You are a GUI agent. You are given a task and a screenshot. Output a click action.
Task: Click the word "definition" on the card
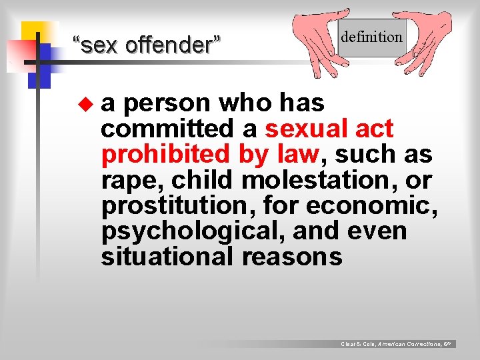371,37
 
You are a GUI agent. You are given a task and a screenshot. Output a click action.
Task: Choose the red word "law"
299,154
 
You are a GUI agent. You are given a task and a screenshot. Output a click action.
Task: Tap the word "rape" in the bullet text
129,180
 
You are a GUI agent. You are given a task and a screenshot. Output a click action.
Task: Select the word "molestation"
318,180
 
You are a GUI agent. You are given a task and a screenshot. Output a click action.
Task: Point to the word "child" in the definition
205,180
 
